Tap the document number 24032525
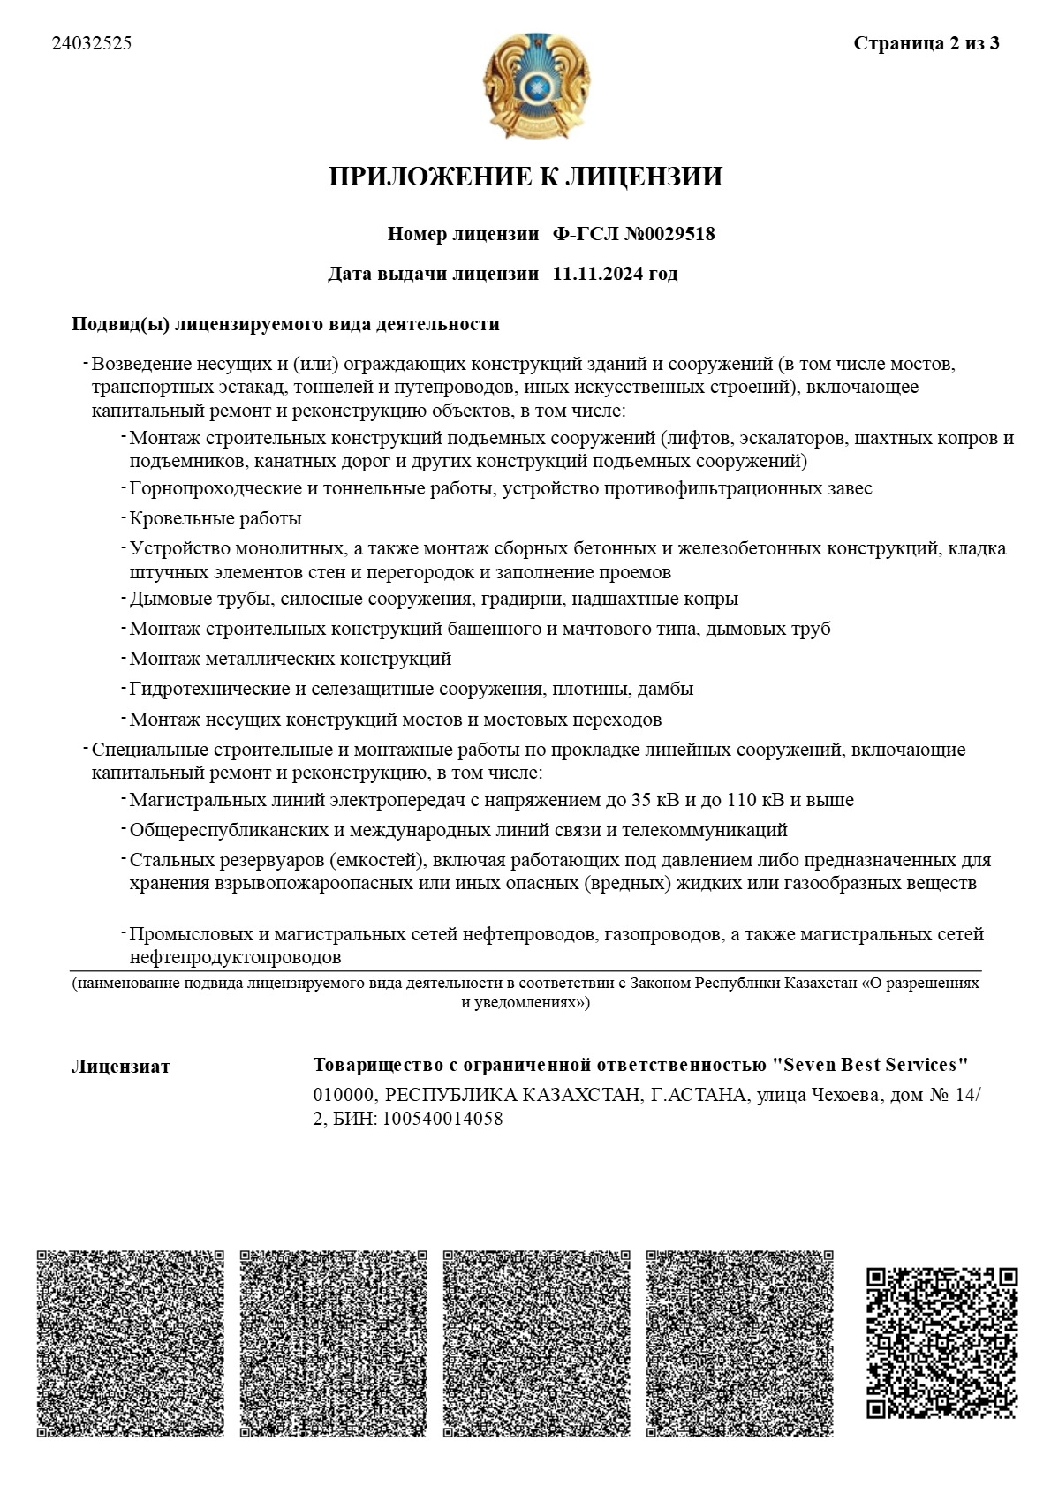tap(92, 43)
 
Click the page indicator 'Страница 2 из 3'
tap(926, 43)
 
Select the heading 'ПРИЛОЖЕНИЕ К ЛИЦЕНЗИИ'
tap(525, 177)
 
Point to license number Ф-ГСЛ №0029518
tap(633, 234)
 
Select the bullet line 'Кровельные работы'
tap(215, 518)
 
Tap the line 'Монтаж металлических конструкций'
tap(290, 659)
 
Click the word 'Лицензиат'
tap(120, 1066)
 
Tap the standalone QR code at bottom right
tap(941, 1342)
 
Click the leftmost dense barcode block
tap(130, 1343)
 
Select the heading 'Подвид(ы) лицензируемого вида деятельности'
tap(285, 324)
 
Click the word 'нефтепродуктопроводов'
tap(235, 957)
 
